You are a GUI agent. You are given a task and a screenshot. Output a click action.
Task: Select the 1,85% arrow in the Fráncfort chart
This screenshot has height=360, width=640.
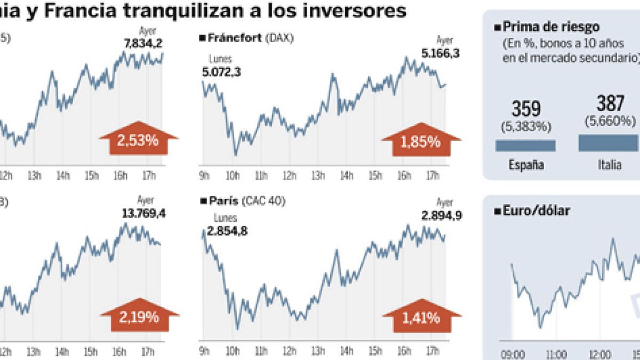tap(421, 141)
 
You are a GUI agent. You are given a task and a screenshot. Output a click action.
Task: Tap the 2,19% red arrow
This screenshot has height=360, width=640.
tap(139, 317)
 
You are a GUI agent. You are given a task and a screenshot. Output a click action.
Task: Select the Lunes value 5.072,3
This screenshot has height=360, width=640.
tap(221, 71)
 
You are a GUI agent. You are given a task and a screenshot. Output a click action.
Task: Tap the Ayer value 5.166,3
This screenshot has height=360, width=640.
tap(439, 53)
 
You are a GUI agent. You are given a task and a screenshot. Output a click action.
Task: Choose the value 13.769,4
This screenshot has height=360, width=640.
tap(138, 214)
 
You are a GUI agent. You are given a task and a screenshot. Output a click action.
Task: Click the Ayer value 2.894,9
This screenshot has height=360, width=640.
tap(440, 215)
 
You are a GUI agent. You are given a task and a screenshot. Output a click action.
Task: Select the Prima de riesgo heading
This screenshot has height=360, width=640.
tap(550, 27)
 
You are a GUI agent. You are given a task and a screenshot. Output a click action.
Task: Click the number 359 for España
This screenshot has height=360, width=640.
tap(525, 110)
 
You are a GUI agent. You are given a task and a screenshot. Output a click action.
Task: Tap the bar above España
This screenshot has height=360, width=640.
tap(525, 146)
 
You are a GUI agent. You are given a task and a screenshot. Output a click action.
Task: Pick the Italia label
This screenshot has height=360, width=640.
tap(609, 165)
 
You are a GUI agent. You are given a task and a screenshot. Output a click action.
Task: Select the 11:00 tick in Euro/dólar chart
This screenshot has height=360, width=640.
tap(556, 354)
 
